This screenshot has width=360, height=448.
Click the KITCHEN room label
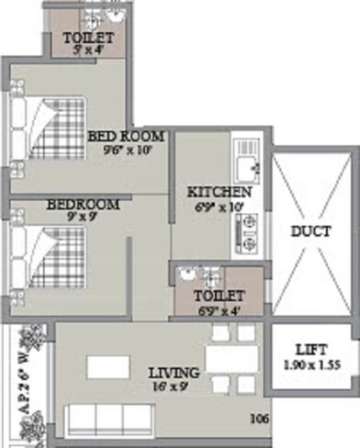[x=219, y=193]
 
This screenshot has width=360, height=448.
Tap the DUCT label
[x=310, y=231]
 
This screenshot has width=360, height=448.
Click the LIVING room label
[x=174, y=373]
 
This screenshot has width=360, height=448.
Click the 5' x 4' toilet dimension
[x=90, y=50]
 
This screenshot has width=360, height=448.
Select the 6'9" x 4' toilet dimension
[x=219, y=309]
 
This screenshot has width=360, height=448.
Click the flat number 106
[x=261, y=420]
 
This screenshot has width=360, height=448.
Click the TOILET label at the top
[x=90, y=38]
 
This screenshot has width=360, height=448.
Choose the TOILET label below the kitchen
[x=219, y=297]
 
